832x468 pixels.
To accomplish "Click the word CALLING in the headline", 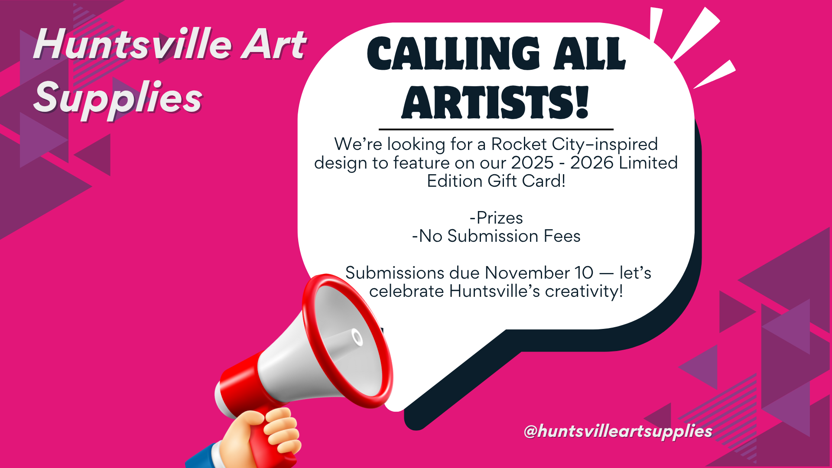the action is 453,54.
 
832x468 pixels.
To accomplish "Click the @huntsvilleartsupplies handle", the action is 618,431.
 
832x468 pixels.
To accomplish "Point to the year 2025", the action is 533,163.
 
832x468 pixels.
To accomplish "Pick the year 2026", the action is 592,163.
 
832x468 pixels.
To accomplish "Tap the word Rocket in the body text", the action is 519,144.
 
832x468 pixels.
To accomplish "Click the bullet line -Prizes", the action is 496,218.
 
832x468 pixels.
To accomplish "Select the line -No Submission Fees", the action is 496,236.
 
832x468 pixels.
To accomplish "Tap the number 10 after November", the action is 584,273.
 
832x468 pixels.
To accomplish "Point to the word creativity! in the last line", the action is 584,292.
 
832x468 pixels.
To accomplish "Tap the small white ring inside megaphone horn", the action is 357,337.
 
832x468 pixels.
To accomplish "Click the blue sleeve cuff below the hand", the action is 204,457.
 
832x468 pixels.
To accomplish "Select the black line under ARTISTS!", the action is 496,129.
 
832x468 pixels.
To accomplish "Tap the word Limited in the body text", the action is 648,163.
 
